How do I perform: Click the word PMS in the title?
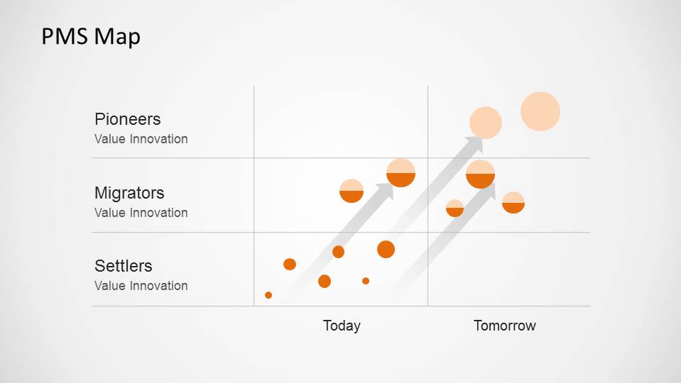click(65, 36)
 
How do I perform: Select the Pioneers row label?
click(128, 119)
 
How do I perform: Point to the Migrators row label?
click(129, 193)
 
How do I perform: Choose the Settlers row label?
click(124, 266)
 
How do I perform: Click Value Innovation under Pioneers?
click(141, 139)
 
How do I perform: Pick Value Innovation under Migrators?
click(141, 213)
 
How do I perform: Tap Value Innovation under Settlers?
click(141, 286)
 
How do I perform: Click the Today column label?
click(342, 326)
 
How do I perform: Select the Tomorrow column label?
click(505, 326)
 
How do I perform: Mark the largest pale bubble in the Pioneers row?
click(540, 111)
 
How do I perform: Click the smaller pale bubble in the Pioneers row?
click(486, 123)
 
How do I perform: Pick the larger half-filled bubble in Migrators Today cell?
click(401, 172)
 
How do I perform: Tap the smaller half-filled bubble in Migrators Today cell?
click(352, 191)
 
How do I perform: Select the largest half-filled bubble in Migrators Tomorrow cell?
click(480, 174)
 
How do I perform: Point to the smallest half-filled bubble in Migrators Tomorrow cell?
click(454, 209)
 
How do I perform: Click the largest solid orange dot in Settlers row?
click(386, 250)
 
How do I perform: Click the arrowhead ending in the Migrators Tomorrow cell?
click(487, 191)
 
